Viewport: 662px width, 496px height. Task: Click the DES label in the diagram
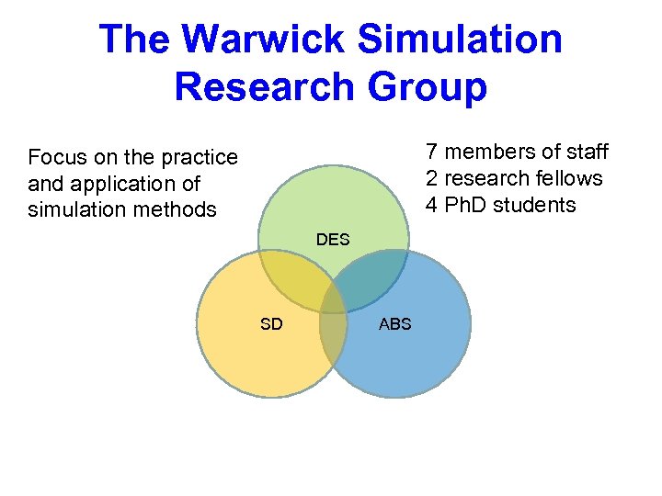[x=333, y=240]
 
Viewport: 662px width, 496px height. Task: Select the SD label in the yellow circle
[x=271, y=323]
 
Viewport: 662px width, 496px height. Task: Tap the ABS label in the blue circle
[x=395, y=323]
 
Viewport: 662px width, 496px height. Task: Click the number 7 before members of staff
[x=431, y=152]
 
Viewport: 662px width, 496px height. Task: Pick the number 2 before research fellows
[x=431, y=178]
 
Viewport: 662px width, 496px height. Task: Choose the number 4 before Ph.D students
[x=431, y=205]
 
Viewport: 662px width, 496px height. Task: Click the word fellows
[x=569, y=178]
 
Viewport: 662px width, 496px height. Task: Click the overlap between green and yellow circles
[x=291, y=276]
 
